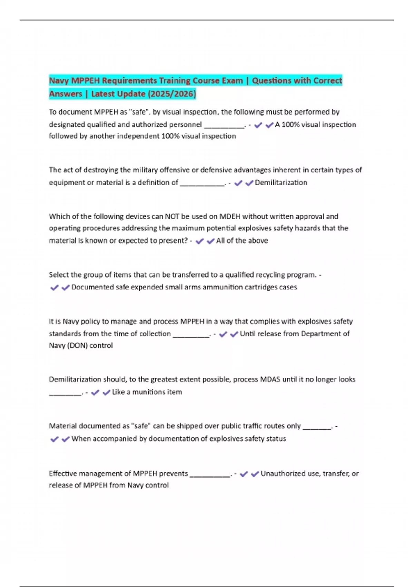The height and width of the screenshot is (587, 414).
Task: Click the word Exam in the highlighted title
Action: [233, 81]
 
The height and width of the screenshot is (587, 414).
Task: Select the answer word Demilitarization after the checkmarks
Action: [281, 183]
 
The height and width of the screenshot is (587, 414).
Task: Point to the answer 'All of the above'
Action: [242, 241]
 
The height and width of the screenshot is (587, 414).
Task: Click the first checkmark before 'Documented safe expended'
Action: [55, 288]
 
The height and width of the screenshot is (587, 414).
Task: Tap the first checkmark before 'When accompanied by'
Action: [55, 439]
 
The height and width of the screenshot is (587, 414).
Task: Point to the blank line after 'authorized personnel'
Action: [224, 127]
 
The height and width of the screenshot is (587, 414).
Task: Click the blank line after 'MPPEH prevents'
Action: [210, 476]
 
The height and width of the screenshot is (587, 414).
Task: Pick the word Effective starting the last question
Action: [63, 474]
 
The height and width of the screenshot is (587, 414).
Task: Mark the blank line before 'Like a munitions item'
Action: [66, 394]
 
